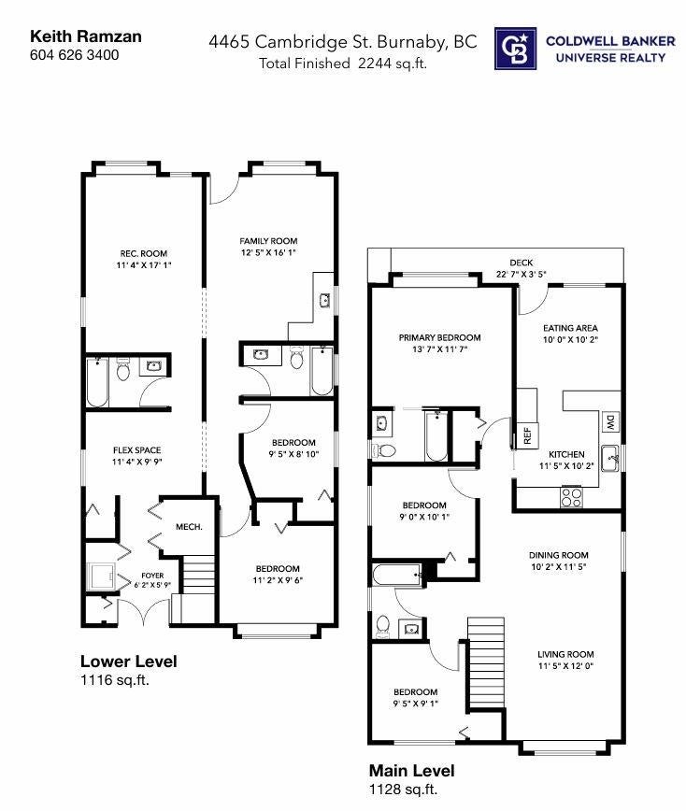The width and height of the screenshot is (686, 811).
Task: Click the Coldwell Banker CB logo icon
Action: [x=516, y=50]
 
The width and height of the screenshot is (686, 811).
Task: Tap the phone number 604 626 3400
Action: [x=75, y=55]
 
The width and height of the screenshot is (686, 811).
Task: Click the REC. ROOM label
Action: [x=143, y=254]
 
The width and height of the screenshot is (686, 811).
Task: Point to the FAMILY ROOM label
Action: [x=267, y=241]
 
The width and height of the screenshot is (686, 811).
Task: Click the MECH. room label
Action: [x=190, y=527]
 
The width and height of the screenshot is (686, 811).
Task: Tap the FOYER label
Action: [x=153, y=576]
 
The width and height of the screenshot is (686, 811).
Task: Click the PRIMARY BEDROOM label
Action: [x=439, y=337]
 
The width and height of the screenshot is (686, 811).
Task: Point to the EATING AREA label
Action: [x=570, y=328]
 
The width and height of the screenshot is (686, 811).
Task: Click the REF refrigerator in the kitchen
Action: [x=527, y=434]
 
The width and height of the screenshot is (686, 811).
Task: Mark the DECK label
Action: [x=520, y=263]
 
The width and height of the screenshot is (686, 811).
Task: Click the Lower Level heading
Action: [x=128, y=662]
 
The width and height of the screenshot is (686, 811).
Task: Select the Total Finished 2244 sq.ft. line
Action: [x=341, y=64]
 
